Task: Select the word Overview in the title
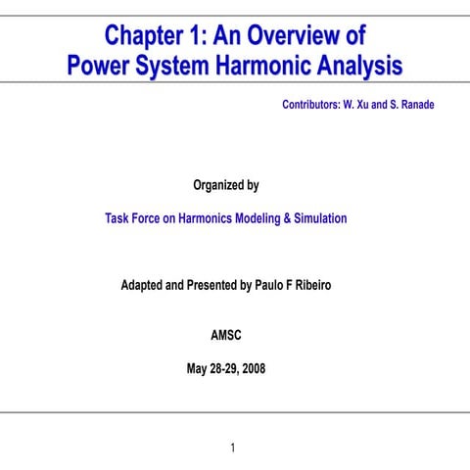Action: tap(305, 37)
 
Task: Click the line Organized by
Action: tap(226, 185)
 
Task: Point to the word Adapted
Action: tap(143, 286)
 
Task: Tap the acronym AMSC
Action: tap(226, 336)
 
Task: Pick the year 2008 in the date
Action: tap(252, 369)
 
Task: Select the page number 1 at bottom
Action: tap(233, 448)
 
